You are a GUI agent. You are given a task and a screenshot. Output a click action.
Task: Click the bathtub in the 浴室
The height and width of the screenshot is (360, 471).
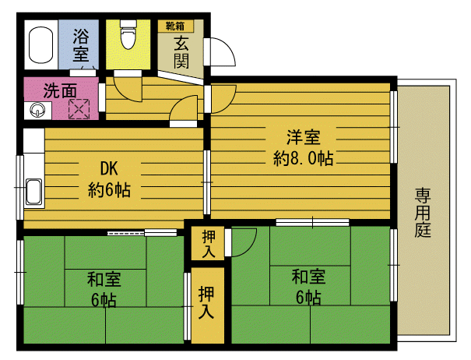click(x=40, y=45)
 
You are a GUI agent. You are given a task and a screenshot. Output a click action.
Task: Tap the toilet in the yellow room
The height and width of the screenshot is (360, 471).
click(x=128, y=34)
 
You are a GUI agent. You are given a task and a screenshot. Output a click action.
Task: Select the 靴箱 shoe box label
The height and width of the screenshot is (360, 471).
click(x=175, y=26)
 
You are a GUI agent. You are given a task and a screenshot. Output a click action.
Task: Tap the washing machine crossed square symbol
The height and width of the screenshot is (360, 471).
click(x=79, y=109)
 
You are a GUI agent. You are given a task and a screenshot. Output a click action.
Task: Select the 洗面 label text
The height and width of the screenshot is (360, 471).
click(x=60, y=90)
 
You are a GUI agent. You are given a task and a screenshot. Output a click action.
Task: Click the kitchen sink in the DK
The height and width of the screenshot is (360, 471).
click(x=33, y=192)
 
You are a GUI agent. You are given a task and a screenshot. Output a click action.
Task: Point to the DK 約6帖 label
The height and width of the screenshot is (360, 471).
click(x=109, y=179)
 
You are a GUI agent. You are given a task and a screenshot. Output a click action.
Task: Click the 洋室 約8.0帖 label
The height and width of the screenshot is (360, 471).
click(x=304, y=148)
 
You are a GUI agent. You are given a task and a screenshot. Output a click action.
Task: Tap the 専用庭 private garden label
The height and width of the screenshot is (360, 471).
click(x=423, y=212)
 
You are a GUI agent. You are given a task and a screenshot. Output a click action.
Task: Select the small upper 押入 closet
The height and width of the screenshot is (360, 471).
click(x=208, y=243)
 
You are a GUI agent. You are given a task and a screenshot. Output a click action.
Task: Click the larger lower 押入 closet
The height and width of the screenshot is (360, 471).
click(x=208, y=305)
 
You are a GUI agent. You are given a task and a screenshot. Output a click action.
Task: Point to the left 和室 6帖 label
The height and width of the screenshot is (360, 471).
click(x=104, y=289)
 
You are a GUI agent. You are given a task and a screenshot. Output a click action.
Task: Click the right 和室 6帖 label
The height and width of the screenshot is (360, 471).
click(x=308, y=287)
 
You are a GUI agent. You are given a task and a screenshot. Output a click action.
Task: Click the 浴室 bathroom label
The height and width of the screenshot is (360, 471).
click(x=81, y=44)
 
